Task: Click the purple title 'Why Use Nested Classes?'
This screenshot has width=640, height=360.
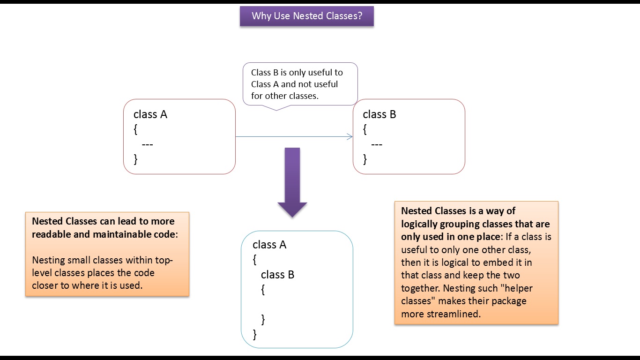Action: [x=306, y=16]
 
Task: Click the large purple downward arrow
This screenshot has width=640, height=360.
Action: [x=292, y=183]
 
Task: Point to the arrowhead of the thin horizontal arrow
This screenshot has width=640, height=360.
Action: [x=350, y=136]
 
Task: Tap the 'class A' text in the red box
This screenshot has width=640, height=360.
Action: [x=150, y=114]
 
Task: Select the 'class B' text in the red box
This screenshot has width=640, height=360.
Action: [x=379, y=114]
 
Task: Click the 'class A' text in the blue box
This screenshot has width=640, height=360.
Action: [x=269, y=245]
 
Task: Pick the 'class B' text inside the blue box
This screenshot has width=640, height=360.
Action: [x=277, y=275]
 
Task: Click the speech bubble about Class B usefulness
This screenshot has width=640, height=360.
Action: [x=300, y=84]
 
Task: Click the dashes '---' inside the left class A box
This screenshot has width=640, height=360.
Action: [x=147, y=144]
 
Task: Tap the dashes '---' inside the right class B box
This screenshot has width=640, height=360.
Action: [x=376, y=144]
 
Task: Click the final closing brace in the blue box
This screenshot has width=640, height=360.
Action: [x=255, y=334]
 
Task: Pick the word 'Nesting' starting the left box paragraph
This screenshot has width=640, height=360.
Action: [x=48, y=260]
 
